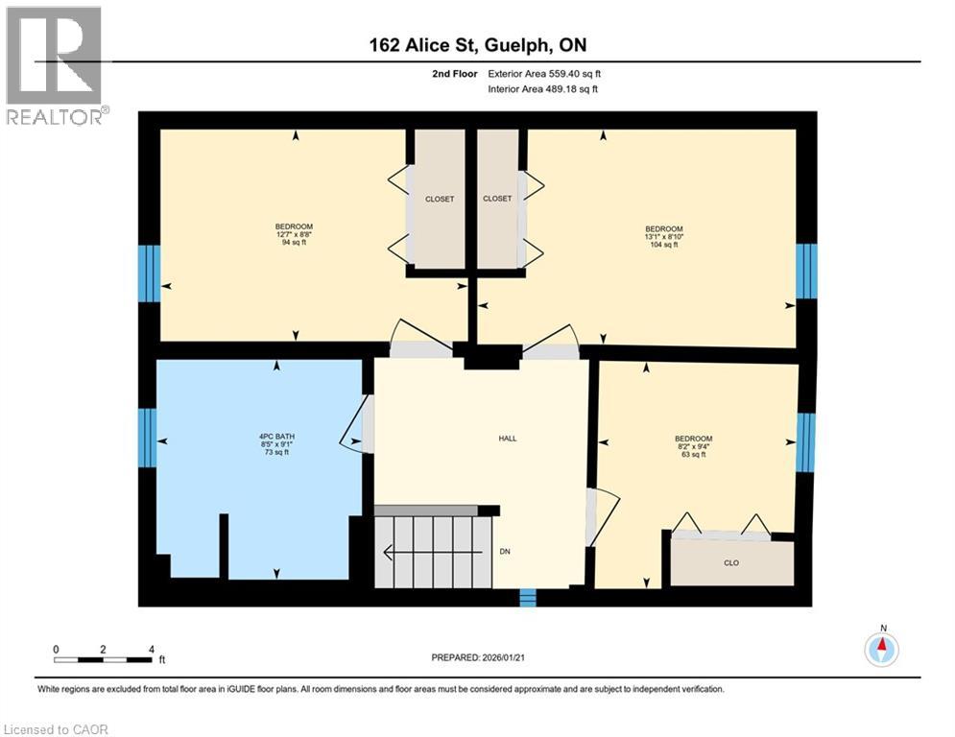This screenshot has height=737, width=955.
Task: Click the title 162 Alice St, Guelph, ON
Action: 477,45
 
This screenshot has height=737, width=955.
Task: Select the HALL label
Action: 507,439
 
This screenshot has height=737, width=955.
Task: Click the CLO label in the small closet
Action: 730,563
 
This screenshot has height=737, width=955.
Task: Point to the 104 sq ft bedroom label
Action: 663,236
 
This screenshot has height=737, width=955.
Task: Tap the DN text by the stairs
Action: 505,552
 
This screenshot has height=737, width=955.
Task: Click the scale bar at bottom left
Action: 104,659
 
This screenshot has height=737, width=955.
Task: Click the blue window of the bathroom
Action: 148,439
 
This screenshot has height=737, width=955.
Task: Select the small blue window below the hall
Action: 527,598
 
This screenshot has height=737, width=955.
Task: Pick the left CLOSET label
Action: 440,199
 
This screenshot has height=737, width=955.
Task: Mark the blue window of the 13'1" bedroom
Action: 807,271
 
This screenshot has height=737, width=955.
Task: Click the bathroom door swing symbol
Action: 356,428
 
